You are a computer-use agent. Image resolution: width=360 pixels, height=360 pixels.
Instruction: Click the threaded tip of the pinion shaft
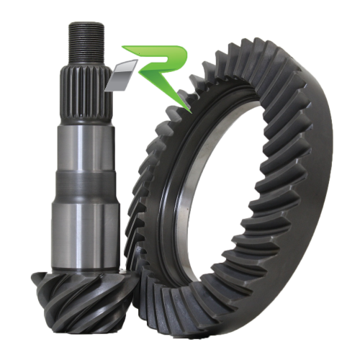click(x=86, y=40)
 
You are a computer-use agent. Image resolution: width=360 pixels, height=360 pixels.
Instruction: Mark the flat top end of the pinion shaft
click(x=86, y=24)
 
